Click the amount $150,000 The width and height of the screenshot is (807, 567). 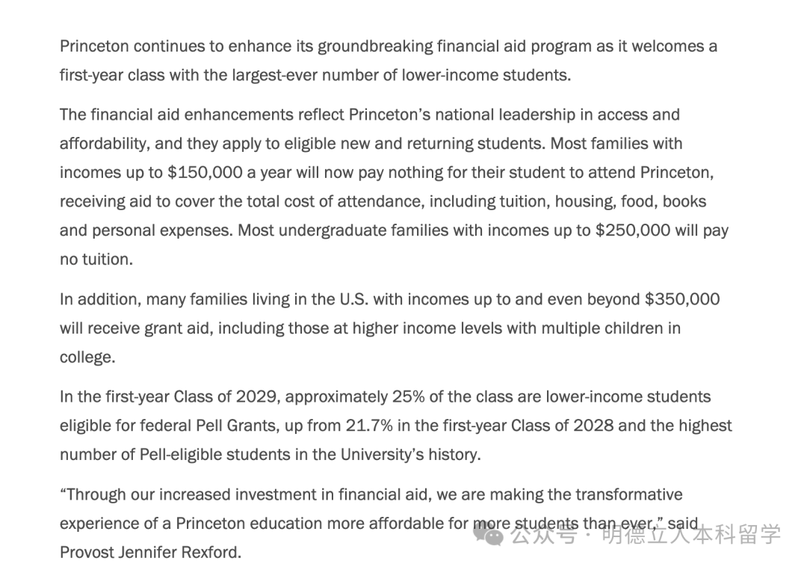pyautogui.click(x=205, y=173)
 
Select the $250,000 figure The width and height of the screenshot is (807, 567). pyautogui.click(x=633, y=230)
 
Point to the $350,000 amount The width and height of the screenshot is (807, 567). pyautogui.click(x=682, y=300)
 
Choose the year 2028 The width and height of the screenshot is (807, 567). pyautogui.click(x=593, y=426)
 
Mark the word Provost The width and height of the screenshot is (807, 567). pyautogui.click(x=86, y=553)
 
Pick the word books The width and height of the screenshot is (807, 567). pyautogui.click(x=684, y=202)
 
